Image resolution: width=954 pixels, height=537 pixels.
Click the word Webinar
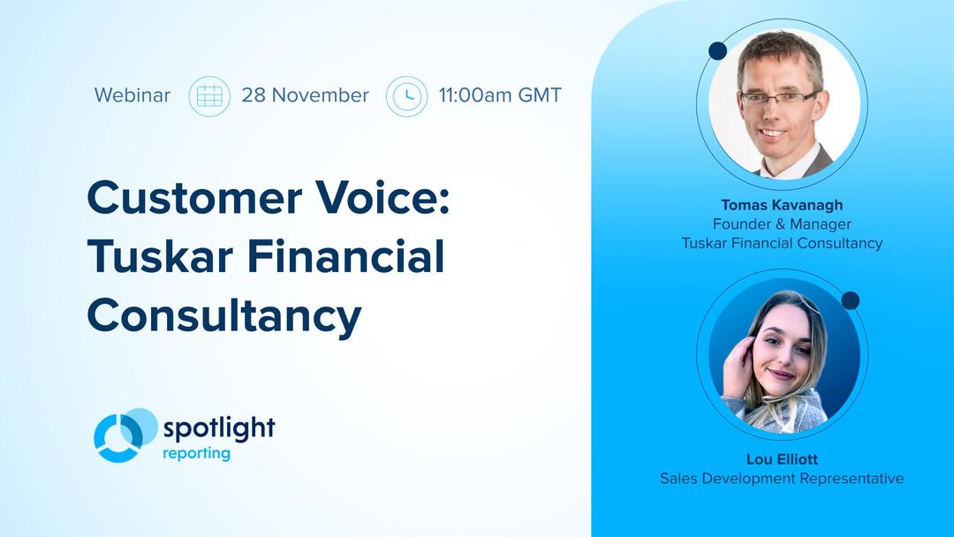[132, 95]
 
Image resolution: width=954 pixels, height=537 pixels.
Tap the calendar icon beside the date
[209, 95]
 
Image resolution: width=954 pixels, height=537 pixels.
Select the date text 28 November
[305, 95]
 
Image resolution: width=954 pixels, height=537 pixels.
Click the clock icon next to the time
[406, 95]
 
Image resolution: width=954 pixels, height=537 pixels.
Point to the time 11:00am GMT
[500, 95]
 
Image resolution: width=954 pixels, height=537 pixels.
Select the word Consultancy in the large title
[224, 315]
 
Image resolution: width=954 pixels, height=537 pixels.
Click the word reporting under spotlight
[196, 454]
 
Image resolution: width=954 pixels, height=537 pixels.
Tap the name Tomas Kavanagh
[782, 205]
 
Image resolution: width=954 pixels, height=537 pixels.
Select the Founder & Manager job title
[782, 224]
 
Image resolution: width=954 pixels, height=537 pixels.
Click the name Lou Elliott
[782, 459]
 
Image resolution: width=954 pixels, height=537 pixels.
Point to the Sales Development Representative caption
[782, 479]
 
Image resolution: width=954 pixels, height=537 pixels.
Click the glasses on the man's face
[777, 97]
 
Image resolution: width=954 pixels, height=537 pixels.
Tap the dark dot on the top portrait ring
[717, 51]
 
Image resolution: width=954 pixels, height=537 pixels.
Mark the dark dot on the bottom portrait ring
[850, 300]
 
